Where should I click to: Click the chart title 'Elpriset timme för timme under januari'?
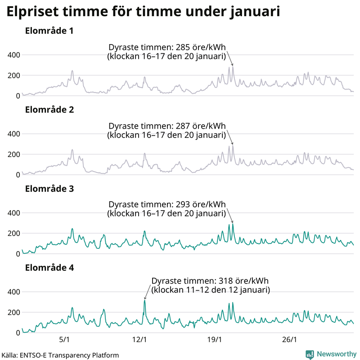pyautogui.click(x=143, y=12)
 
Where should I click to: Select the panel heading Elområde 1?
pyautogui.click(x=49, y=31)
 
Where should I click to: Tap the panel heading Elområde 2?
pyautogui.click(x=49, y=110)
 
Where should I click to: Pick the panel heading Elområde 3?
pyautogui.click(x=49, y=189)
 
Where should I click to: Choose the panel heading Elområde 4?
pyautogui.click(x=49, y=268)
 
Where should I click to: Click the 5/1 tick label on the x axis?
pyautogui.click(x=64, y=339)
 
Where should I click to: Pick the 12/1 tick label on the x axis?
pyautogui.click(x=140, y=339)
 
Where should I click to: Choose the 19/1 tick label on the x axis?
pyautogui.click(x=216, y=339)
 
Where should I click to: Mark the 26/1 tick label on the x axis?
pyautogui.click(x=291, y=339)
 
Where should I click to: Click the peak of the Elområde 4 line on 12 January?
pyautogui.click(x=144, y=301)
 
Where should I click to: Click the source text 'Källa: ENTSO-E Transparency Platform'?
pyautogui.click(x=60, y=355)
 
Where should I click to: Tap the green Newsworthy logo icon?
pyautogui.click(x=310, y=354)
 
